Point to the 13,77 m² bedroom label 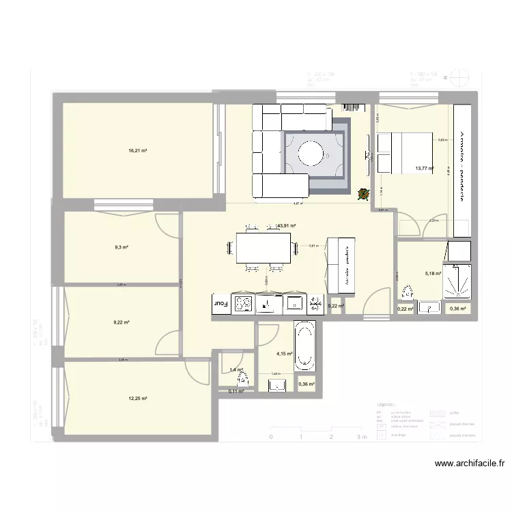pos(425,167)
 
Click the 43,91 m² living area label pos(285,225)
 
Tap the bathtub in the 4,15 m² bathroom pos(305,347)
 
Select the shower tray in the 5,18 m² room pos(456,281)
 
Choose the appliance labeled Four pos(221,303)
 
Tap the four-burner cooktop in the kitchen pos(244,304)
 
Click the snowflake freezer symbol pos(315,303)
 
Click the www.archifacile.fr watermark pos(470,464)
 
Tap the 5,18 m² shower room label pos(433,274)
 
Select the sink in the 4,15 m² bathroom pos(277,386)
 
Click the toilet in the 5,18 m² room pos(408,294)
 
